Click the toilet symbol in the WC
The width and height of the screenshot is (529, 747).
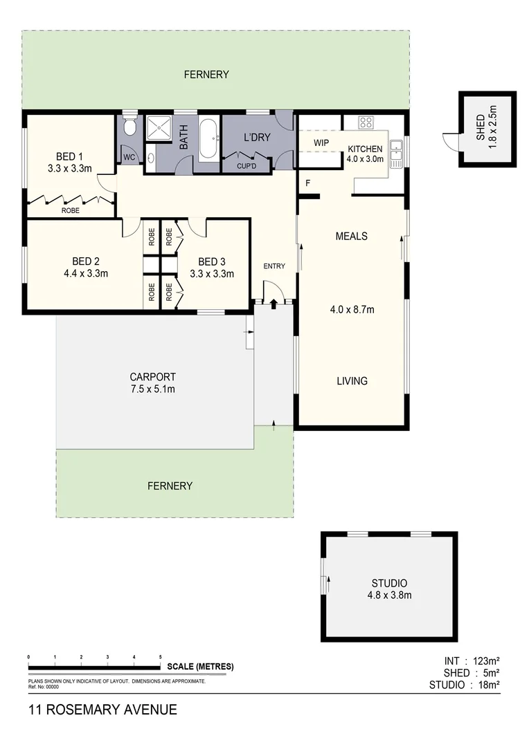point(129,127)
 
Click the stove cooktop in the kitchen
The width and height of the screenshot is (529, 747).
point(366,122)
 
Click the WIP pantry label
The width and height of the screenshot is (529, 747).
point(321,142)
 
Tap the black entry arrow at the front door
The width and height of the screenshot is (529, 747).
point(274,302)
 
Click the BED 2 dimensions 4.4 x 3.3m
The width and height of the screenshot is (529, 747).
point(86,273)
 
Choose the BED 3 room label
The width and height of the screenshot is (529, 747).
point(211,261)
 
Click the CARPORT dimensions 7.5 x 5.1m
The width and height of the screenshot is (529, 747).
point(152,389)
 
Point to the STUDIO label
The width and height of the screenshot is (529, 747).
point(388,583)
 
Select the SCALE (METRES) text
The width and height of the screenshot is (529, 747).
point(200,667)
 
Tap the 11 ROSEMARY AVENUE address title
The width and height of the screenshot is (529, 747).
point(102,710)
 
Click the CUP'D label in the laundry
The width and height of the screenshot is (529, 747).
point(246,166)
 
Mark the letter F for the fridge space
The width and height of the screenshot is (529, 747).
point(306,183)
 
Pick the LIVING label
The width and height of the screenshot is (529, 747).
point(352,380)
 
